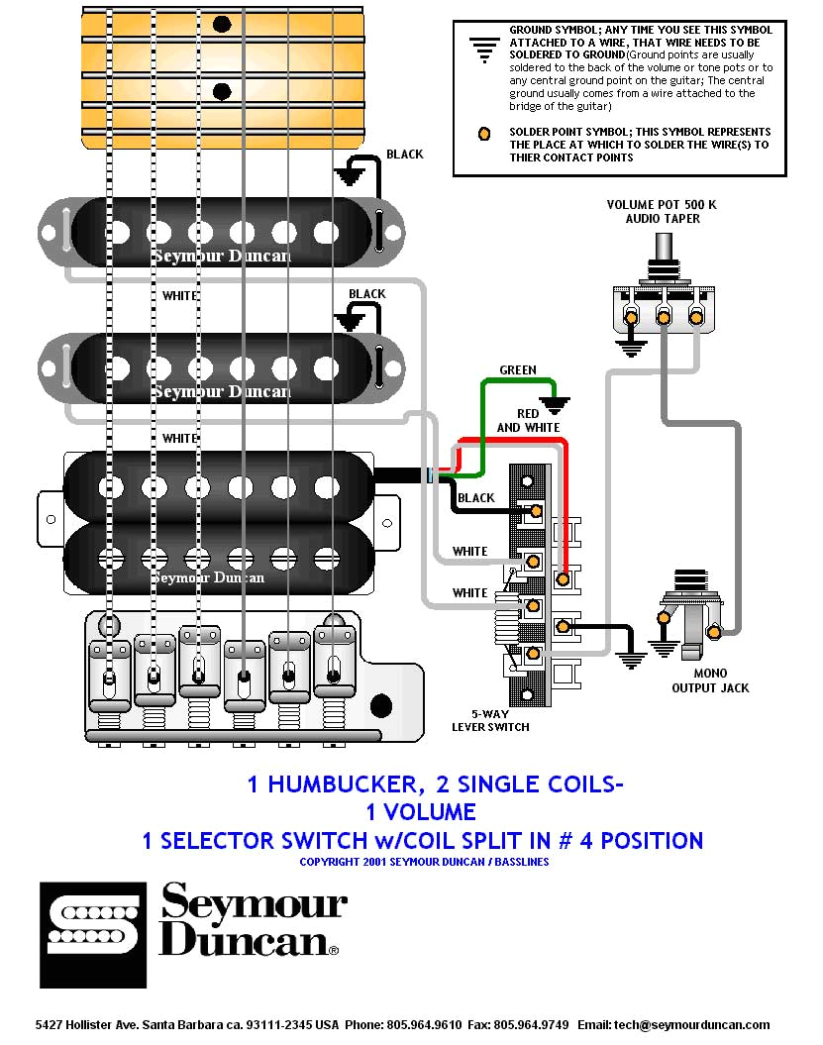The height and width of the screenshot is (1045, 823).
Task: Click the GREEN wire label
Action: (x=517, y=369)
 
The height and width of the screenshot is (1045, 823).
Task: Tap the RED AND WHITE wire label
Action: (x=528, y=420)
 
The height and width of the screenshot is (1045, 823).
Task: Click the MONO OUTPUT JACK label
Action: (x=710, y=680)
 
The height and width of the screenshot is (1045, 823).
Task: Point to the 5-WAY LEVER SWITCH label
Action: (x=490, y=720)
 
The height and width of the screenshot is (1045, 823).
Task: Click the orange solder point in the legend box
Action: (x=484, y=134)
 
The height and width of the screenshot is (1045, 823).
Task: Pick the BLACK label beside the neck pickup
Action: (x=405, y=154)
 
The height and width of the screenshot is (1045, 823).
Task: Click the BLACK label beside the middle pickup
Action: (x=367, y=294)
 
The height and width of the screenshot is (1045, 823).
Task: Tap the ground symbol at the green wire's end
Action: (x=556, y=403)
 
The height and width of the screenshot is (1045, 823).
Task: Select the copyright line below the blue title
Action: (x=424, y=862)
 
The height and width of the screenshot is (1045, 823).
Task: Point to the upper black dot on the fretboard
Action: (x=222, y=22)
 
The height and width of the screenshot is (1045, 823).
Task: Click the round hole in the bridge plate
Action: (x=380, y=706)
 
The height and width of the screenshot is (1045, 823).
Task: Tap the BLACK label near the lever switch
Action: (x=476, y=498)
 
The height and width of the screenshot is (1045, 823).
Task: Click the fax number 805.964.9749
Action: (x=533, y=1025)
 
